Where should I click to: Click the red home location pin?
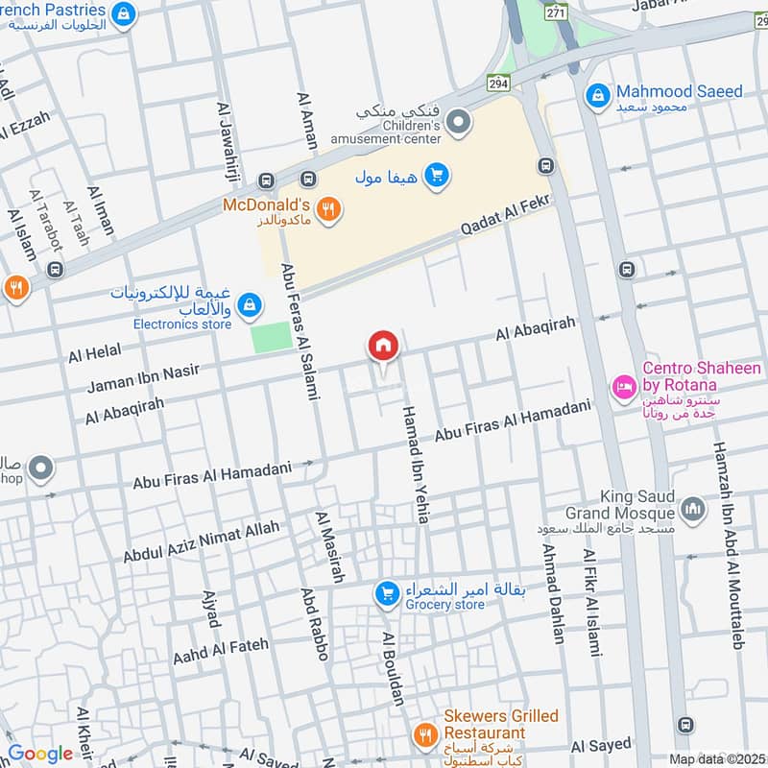[383, 347]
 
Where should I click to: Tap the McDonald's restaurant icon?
[328, 209]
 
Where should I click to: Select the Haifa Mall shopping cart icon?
[436, 175]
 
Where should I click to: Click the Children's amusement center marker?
[459, 122]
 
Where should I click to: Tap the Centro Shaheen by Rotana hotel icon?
[623, 388]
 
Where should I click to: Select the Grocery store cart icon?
[388, 594]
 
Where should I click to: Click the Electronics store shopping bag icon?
[249, 305]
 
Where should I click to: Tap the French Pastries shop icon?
[123, 13]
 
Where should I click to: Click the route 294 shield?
[497, 83]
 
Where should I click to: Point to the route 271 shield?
[556, 12]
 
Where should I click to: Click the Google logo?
[40, 754]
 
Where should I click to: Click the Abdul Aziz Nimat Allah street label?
[201, 541]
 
